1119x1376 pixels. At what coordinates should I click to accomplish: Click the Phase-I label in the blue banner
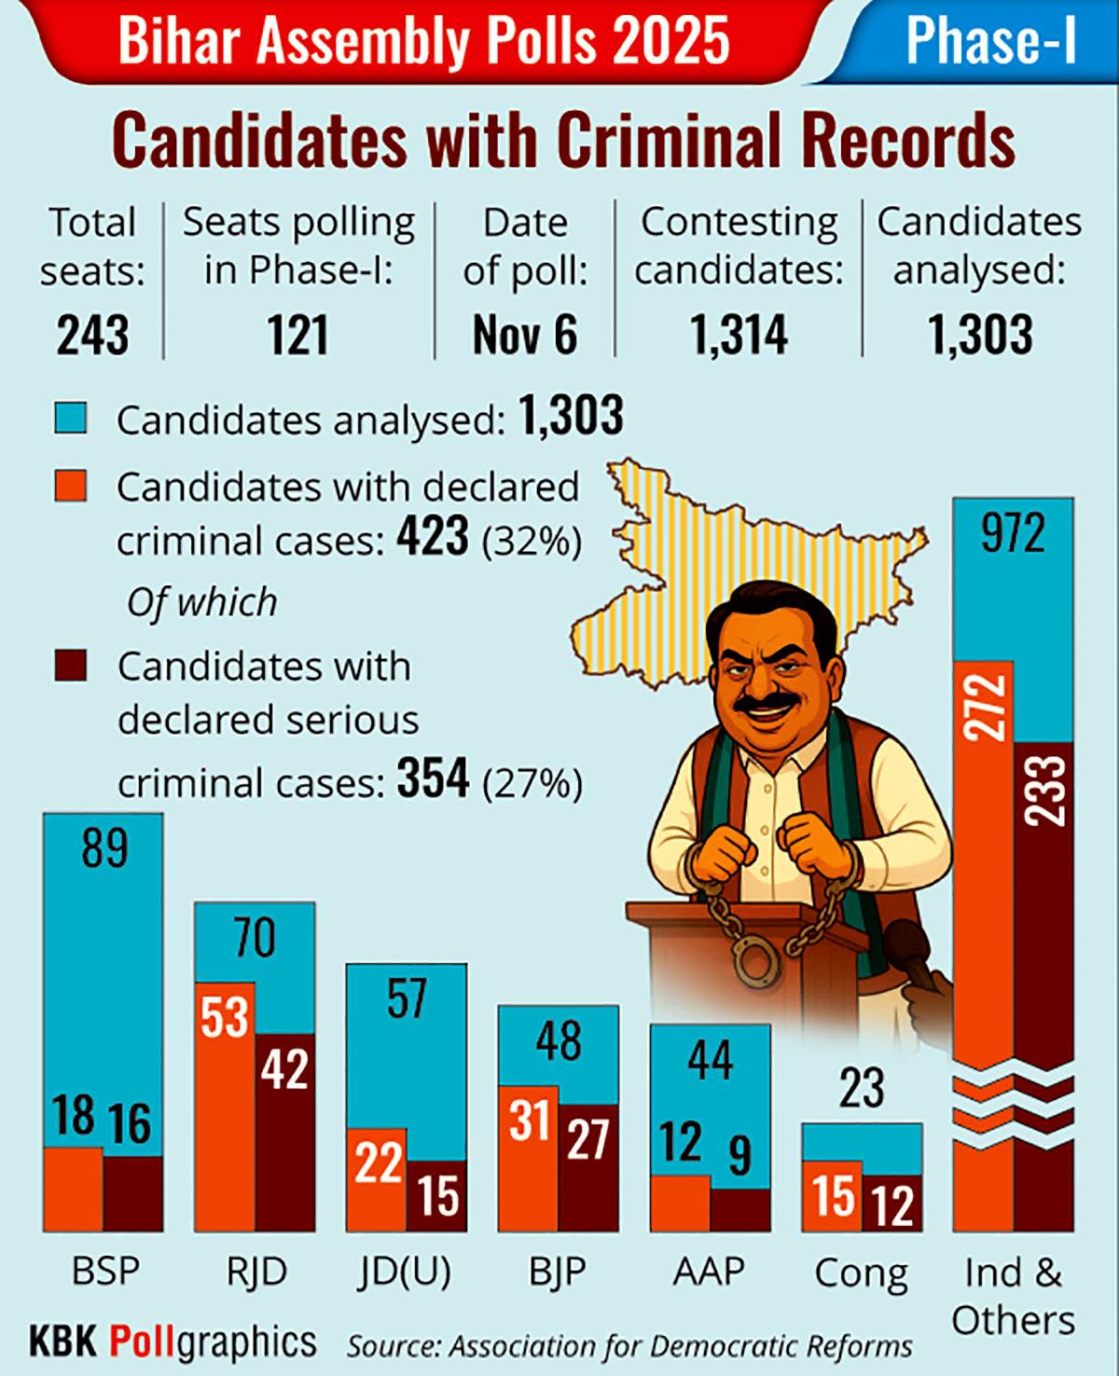[x=990, y=41]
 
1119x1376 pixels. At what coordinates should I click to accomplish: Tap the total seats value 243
[x=92, y=336]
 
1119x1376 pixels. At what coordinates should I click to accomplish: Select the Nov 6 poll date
[x=525, y=336]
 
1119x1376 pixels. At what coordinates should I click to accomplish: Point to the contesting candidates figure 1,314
[x=739, y=336]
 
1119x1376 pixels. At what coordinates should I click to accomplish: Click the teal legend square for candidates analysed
[x=71, y=418]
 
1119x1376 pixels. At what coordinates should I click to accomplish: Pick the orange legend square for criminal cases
[x=71, y=486]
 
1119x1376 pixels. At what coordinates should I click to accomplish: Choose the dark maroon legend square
[x=71, y=666]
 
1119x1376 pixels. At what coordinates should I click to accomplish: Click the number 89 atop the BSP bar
[x=104, y=848]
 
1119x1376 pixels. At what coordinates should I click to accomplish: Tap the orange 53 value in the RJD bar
[x=225, y=1017]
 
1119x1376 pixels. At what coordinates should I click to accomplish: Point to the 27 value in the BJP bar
[x=588, y=1139]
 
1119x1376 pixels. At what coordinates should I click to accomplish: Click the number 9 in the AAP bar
[x=739, y=1156]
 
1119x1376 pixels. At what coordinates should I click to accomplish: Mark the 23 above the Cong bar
[x=861, y=1087]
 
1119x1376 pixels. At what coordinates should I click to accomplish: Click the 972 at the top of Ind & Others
[x=1013, y=533]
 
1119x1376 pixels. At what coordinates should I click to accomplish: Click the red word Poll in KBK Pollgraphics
[x=142, y=1341]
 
